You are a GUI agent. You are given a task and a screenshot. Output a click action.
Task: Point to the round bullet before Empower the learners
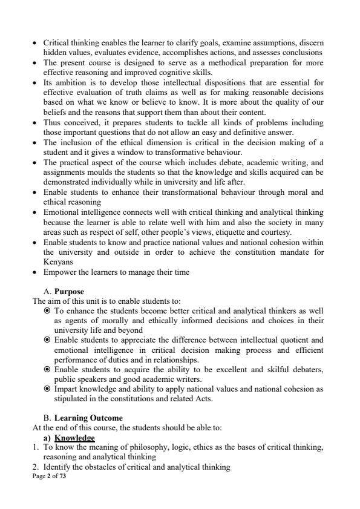pos(34,273)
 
